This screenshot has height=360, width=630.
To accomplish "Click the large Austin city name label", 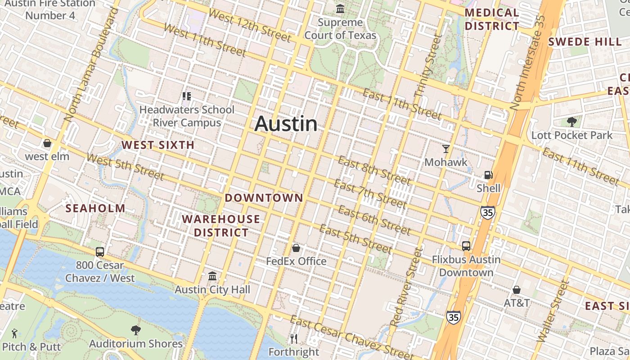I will pyautogui.click(x=286, y=124).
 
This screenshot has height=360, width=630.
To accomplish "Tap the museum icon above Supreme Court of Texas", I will pyautogui.click(x=340, y=9).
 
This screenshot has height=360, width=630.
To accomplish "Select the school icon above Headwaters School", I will pyautogui.click(x=187, y=96).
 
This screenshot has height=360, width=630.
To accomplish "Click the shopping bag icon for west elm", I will pyautogui.click(x=47, y=144).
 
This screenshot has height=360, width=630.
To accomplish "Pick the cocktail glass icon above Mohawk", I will pyautogui.click(x=446, y=149).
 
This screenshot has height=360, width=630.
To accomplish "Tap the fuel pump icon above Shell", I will pyautogui.click(x=488, y=175).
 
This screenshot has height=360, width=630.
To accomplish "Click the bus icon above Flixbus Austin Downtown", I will pyautogui.click(x=466, y=246).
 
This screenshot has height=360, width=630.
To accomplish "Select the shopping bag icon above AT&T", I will pyautogui.click(x=517, y=290).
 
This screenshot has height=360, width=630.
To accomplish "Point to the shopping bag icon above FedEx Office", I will pyautogui.click(x=296, y=248).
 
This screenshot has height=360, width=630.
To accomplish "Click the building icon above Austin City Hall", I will pyautogui.click(x=212, y=276).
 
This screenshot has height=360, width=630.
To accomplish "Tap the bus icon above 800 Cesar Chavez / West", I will pyautogui.click(x=100, y=252).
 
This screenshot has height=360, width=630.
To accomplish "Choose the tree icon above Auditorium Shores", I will pyautogui.click(x=136, y=330).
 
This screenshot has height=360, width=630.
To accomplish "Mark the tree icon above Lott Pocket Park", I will pyautogui.click(x=572, y=122).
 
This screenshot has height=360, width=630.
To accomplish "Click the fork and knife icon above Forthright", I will pyautogui.click(x=294, y=338).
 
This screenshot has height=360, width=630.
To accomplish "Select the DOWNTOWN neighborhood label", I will pyautogui.click(x=264, y=198).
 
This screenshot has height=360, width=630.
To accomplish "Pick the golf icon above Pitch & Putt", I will pyautogui.click(x=14, y=333).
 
